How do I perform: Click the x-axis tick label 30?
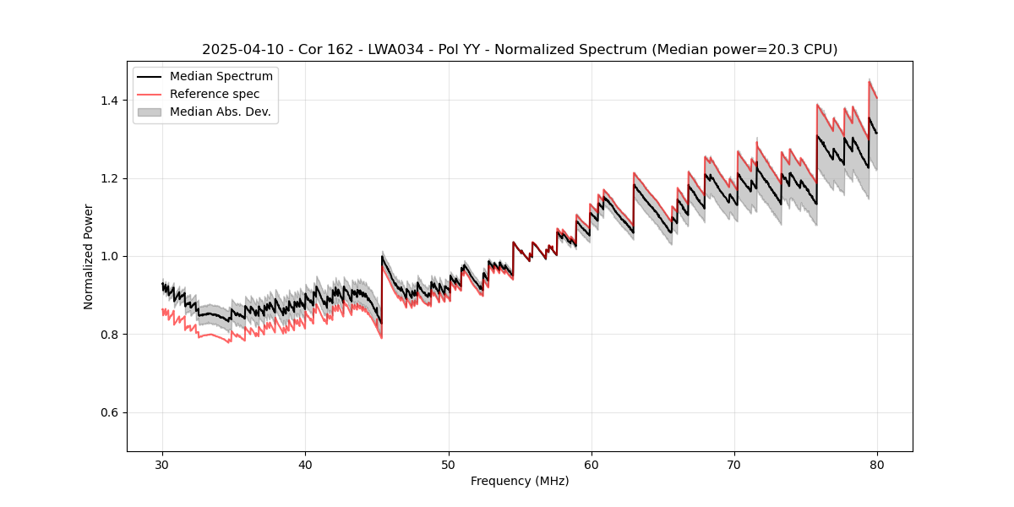(x=163, y=465)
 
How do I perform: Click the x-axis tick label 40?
(x=306, y=465)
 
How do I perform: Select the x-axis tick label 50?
(x=449, y=465)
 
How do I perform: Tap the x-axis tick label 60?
(x=591, y=465)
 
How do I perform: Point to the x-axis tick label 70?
(x=734, y=465)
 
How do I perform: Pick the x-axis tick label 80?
(x=877, y=465)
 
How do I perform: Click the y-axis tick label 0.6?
(x=112, y=412)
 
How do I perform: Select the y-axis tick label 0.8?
(x=112, y=335)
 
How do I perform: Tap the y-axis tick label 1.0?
(x=112, y=256)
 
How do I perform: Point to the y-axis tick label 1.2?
(x=112, y=178)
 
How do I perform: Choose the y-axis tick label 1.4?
(x=112, y=101)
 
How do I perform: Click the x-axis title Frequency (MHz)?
(x=520, y=481)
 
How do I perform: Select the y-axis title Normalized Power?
(x=89, y=256)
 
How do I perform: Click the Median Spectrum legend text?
(x=221, y=77)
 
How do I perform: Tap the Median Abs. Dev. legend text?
(x=221, y=112)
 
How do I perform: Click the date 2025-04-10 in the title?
(x=239, y=50)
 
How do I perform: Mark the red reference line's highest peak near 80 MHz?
(x=870, y=81)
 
